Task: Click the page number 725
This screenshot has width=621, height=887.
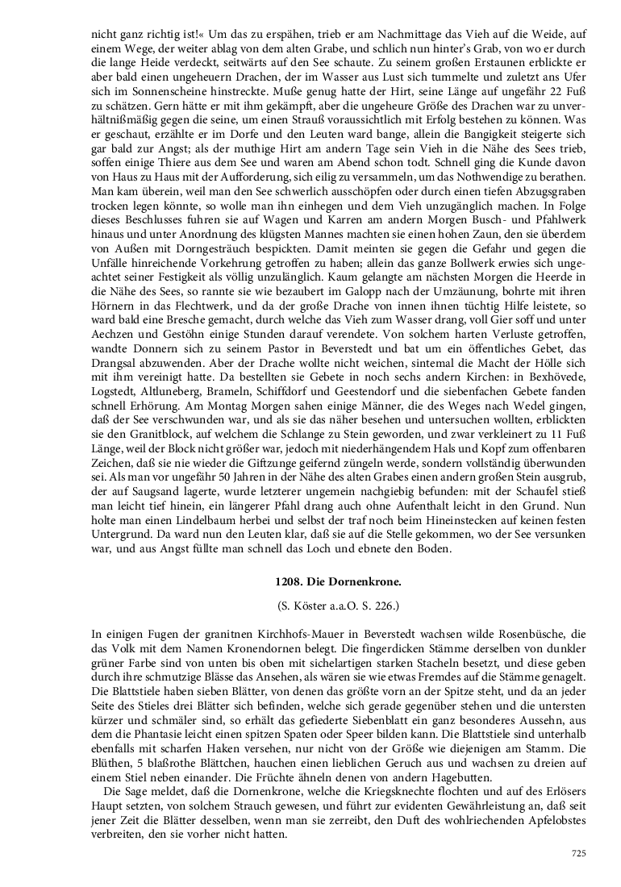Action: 577,853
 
